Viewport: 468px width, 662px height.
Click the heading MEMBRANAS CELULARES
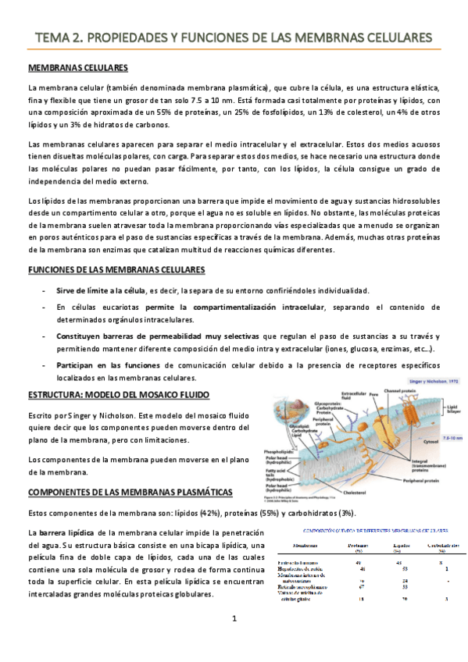[77, 69]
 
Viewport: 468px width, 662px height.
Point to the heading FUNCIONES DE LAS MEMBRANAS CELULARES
[116, 270]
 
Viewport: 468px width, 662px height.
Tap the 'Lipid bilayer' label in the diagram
[452, 410]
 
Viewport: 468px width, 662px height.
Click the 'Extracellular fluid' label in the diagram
[355, 396]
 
